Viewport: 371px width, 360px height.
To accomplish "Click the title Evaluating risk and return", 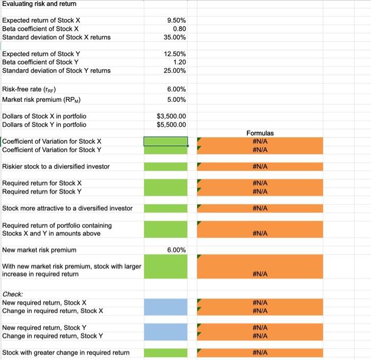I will click(x=39, y=4).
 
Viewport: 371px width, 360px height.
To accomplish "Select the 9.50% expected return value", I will click(x=175, y=20).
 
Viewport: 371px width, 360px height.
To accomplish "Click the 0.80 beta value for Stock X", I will click(x=178, y=29).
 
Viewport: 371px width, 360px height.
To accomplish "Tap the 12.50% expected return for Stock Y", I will click(x=174, y=54).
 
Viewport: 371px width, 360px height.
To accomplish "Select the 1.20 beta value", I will click(x=178, y=62).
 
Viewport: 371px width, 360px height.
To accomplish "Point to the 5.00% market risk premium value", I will click(x=175, y=100).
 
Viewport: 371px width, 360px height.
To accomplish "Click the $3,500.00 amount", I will click(x=171, y=116).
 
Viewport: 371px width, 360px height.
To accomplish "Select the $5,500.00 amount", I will click(x=171, y=125).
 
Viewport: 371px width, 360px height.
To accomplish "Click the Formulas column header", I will click(x=260, y=133).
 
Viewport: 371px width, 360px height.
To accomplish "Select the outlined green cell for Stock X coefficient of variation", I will click(x=165, y=142).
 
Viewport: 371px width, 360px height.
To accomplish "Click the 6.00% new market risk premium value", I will click(x=175, y=250).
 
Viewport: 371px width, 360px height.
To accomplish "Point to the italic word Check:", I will click(x=13, y=294).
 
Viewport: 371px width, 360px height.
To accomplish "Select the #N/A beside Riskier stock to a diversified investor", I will click(x=260, y=166).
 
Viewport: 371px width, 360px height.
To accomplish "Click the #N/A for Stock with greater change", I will click(x=260, y=353).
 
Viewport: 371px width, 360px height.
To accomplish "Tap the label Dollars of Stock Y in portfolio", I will click(x=44, y=125).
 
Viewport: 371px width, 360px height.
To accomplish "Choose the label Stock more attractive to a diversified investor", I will click(x=67, y=208).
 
